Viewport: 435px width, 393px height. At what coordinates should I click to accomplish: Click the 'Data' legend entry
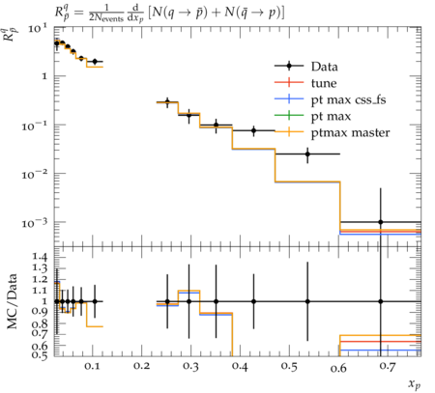pyautogui.click(x=325, y=67)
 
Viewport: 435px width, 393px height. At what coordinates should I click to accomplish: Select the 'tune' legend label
pyautogui.click(x=324, y=83)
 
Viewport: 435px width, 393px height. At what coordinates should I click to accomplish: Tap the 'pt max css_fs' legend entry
pyautogui.click(x=348, y=99)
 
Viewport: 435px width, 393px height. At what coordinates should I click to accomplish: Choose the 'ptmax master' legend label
pyautogui.click(x=350, y=132)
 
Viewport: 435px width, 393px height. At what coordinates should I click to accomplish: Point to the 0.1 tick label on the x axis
pyautogui.click(x=93, y=366)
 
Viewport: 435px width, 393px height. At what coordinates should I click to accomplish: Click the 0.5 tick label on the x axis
pyautogui.click(x=289, y=366)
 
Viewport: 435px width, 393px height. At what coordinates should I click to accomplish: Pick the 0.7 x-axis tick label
pyautogui.click(x=388, y=366)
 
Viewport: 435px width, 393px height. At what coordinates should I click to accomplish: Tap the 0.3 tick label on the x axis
pyautogui.click(x=190, y=366)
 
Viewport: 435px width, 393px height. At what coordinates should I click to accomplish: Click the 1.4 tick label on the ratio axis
pyautogui.click(x=40, y=256)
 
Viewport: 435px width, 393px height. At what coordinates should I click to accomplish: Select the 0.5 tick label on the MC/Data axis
pyautogui.click(x=40, y=354)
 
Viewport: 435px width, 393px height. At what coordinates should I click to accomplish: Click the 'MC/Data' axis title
pyautogui.click(x=12, y=301)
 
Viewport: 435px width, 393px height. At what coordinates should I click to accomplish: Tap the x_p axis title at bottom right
pyautogui.click(x=415, y=383)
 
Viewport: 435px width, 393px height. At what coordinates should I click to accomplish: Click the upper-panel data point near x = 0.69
pyautogui.click(x=381, y=222)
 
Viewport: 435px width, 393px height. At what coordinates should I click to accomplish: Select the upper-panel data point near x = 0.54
pyautogui.click(x=307, y=154)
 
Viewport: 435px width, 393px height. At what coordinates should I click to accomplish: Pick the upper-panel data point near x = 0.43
pyautogui.click(x=253, y=130)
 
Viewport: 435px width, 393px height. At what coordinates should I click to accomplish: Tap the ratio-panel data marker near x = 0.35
pyautogui.click(x=216, y=301)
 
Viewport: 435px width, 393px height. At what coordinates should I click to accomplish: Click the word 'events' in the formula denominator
pyautogui.click(x=113, y=18)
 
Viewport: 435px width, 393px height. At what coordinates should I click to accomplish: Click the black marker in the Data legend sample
pyautogui.click(x=289, y=66)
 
